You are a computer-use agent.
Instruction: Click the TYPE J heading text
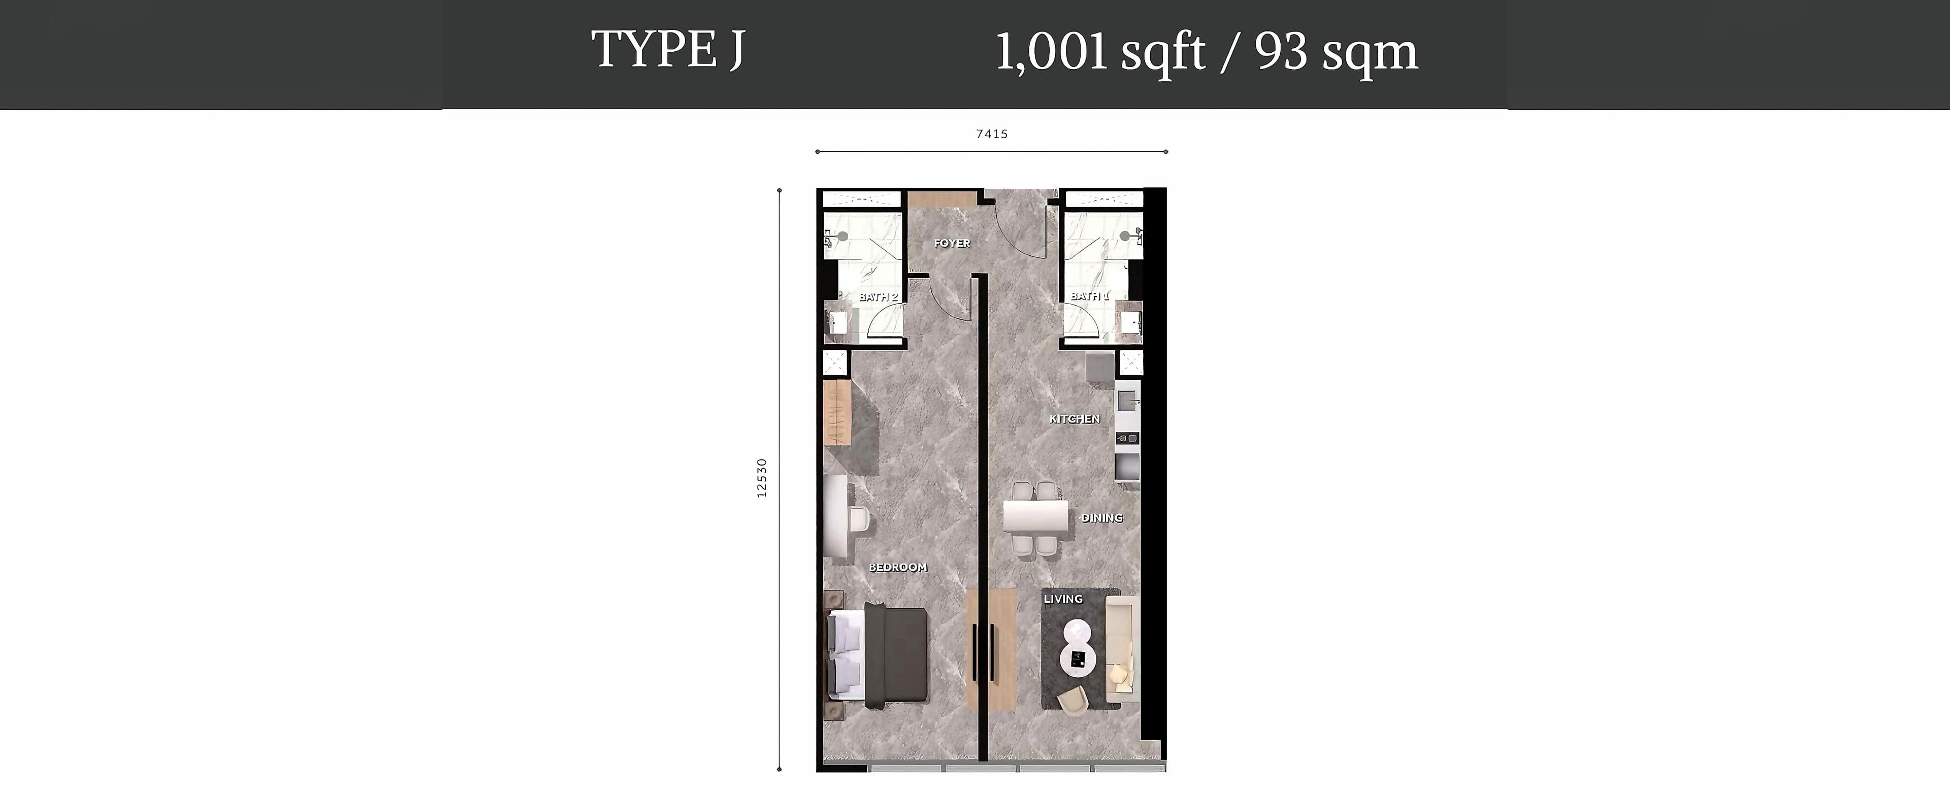pos(668,50)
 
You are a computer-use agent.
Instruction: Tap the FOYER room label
pos(952,243)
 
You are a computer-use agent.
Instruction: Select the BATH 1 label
pos(1089,296)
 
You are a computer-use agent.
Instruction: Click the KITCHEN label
pos(1074,418)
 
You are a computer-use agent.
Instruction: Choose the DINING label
pos(1101,517)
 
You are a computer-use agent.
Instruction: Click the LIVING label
pos(1063,599)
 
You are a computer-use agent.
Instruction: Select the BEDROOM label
pos(898,567)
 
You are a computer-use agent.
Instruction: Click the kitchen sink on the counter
pos(1126,399)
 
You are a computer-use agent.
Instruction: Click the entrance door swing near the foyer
pos(1018,227)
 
